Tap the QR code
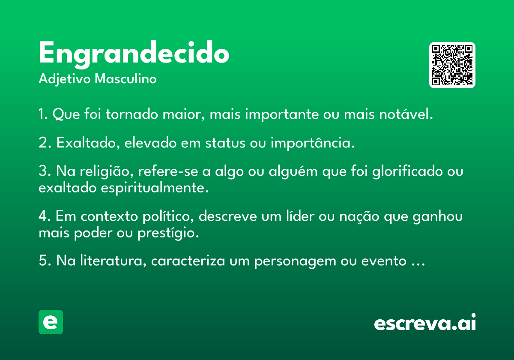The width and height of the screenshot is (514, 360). coord(452,65)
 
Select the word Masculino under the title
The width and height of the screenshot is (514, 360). coord(126,78)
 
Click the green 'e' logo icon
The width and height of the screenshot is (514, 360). coord(51,322)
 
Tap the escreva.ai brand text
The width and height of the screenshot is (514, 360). coord(425,322)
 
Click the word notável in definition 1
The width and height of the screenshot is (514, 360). coord(406,114)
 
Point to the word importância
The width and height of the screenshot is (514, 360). coord(313,143)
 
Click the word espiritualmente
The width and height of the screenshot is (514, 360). coord(155,188)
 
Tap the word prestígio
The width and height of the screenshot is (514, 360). coord(168,233)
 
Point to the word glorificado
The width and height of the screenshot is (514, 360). coord(407,172)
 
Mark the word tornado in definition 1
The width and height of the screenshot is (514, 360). coord(132,114)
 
